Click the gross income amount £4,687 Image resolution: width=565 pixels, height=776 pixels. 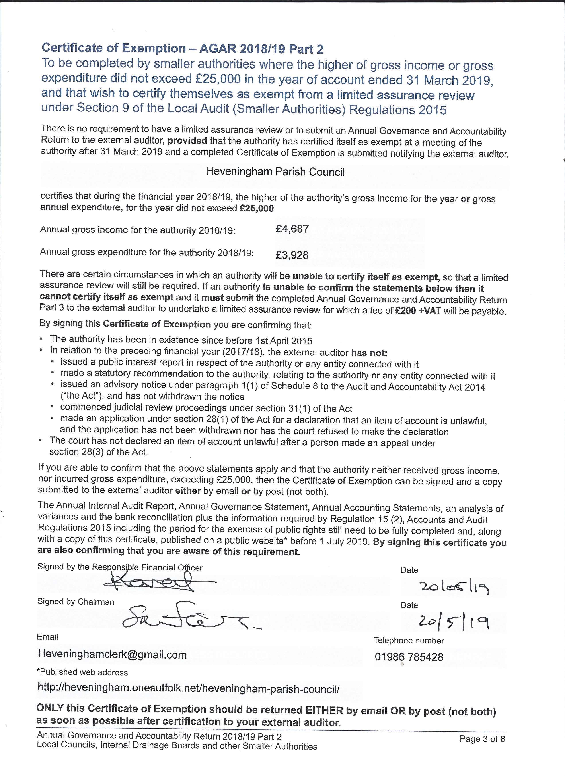click(x=292, y=229)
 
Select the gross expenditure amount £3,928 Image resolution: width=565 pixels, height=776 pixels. click(x=292, y=255)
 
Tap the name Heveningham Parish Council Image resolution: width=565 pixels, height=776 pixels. click(x=275, y=172)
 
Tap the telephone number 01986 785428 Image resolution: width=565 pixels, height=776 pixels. click(x=409, y=657)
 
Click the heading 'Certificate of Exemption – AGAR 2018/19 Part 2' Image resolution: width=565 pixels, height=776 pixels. click(x=182, y=49)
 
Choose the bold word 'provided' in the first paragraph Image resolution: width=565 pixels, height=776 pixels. click(x=187, y=141)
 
